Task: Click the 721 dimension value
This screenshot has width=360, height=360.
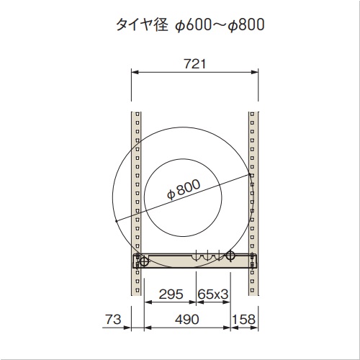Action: click(x=195, y=64)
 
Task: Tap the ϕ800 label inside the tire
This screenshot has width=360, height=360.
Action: click(x=184, y=189)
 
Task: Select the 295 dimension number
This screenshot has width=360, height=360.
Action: click(x=171, y=294)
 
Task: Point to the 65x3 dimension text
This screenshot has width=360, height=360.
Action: click(x=212, y=294)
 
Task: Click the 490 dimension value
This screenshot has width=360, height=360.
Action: click(x=187, y=320)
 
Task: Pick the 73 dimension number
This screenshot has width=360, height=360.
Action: click(x=113, y=320)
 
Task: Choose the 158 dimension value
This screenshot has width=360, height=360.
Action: click(x=243, y=320)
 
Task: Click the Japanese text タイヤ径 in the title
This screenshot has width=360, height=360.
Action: click(x=142, y=24)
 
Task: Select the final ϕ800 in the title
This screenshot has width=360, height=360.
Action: click(x=246, y=24)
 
